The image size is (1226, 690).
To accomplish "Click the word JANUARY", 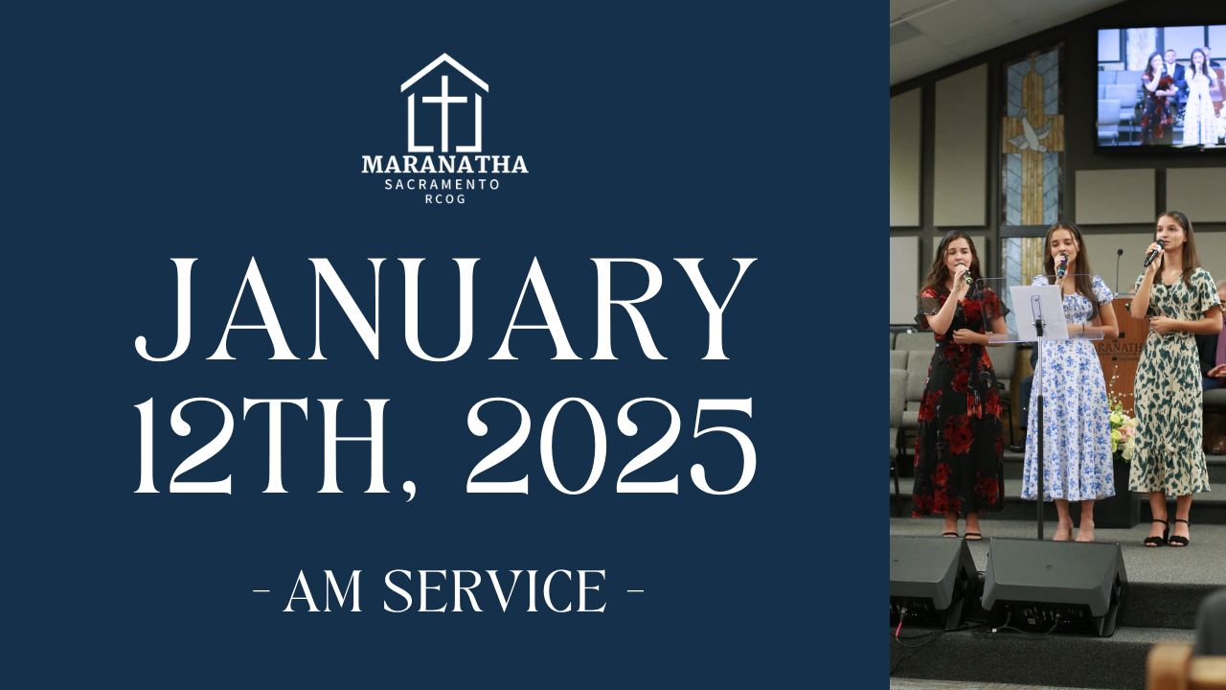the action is tap(445, 310).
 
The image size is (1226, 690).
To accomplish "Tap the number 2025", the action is tap(611, 446).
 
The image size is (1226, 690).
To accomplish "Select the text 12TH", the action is tap(262, 446).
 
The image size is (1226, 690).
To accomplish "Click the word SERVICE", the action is tap(495, 591).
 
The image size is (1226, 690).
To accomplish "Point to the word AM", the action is tap(323, 591).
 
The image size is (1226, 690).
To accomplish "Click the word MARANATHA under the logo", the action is tap(445, 164).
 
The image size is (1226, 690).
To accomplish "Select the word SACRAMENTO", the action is tap(443, 185).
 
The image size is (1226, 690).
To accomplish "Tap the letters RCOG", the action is tap(445, 198).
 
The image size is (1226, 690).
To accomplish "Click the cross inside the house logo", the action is tap(444, 112).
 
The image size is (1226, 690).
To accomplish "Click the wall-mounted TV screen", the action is tap(1161, 87).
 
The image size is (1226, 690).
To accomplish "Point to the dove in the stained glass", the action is tap(1029, 135).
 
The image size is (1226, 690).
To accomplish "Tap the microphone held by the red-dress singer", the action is tap(965, 274).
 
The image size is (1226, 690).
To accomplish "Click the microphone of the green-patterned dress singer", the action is tap(1154, 253).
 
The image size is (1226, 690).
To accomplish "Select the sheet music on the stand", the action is tap(1038, 312).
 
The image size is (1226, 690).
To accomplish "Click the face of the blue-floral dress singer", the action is tap(1062, 246).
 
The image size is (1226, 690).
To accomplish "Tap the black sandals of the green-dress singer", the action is tap(1167, 533).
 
